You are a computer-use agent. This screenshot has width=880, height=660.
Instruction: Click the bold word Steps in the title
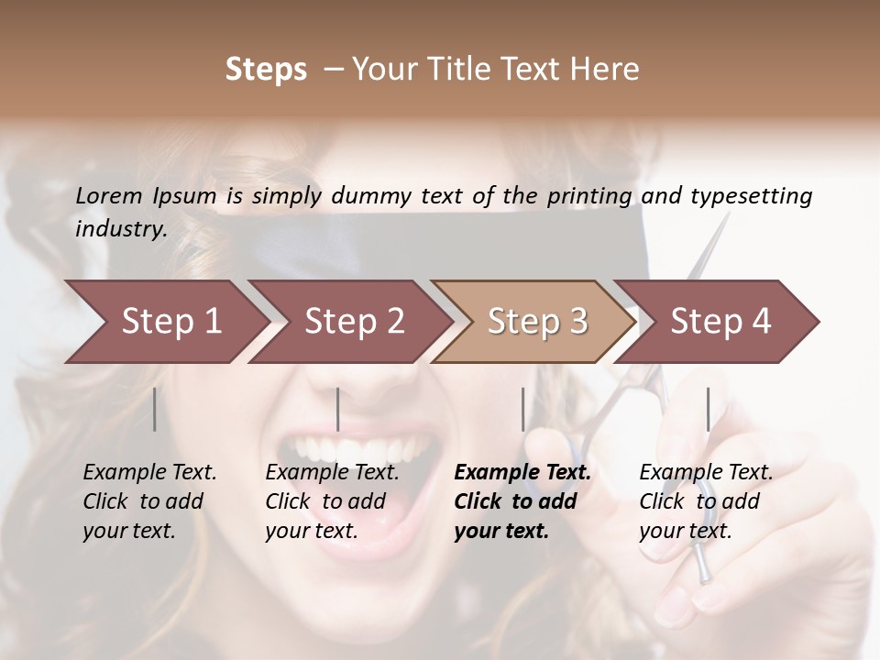tap(266, 70)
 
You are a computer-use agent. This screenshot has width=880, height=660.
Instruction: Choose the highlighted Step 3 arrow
tap(537, 321)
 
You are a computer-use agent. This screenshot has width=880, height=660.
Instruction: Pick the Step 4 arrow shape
tap(720, 321)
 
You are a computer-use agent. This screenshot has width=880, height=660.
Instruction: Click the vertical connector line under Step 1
tap(155, 409)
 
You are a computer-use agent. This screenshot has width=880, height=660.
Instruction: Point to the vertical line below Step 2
tap(338, 409)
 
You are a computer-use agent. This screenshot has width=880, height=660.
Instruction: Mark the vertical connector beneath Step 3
tap(523, 409)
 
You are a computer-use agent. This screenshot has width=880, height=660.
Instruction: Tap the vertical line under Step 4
tap(708, 409)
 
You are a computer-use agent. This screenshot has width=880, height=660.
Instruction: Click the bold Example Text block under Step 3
tap(522, 501)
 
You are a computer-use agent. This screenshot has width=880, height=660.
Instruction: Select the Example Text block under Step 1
tap(149, 501)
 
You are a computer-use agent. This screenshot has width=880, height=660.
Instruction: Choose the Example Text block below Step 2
tap(332, 501)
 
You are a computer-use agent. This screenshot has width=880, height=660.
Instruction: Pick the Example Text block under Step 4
tap(705, 501)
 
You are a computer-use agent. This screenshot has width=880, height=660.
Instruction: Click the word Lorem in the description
tap(109, 195)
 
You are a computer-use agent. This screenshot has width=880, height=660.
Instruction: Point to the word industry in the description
tap(120, 228)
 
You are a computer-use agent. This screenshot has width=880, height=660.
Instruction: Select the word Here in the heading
tap(607, 70)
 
